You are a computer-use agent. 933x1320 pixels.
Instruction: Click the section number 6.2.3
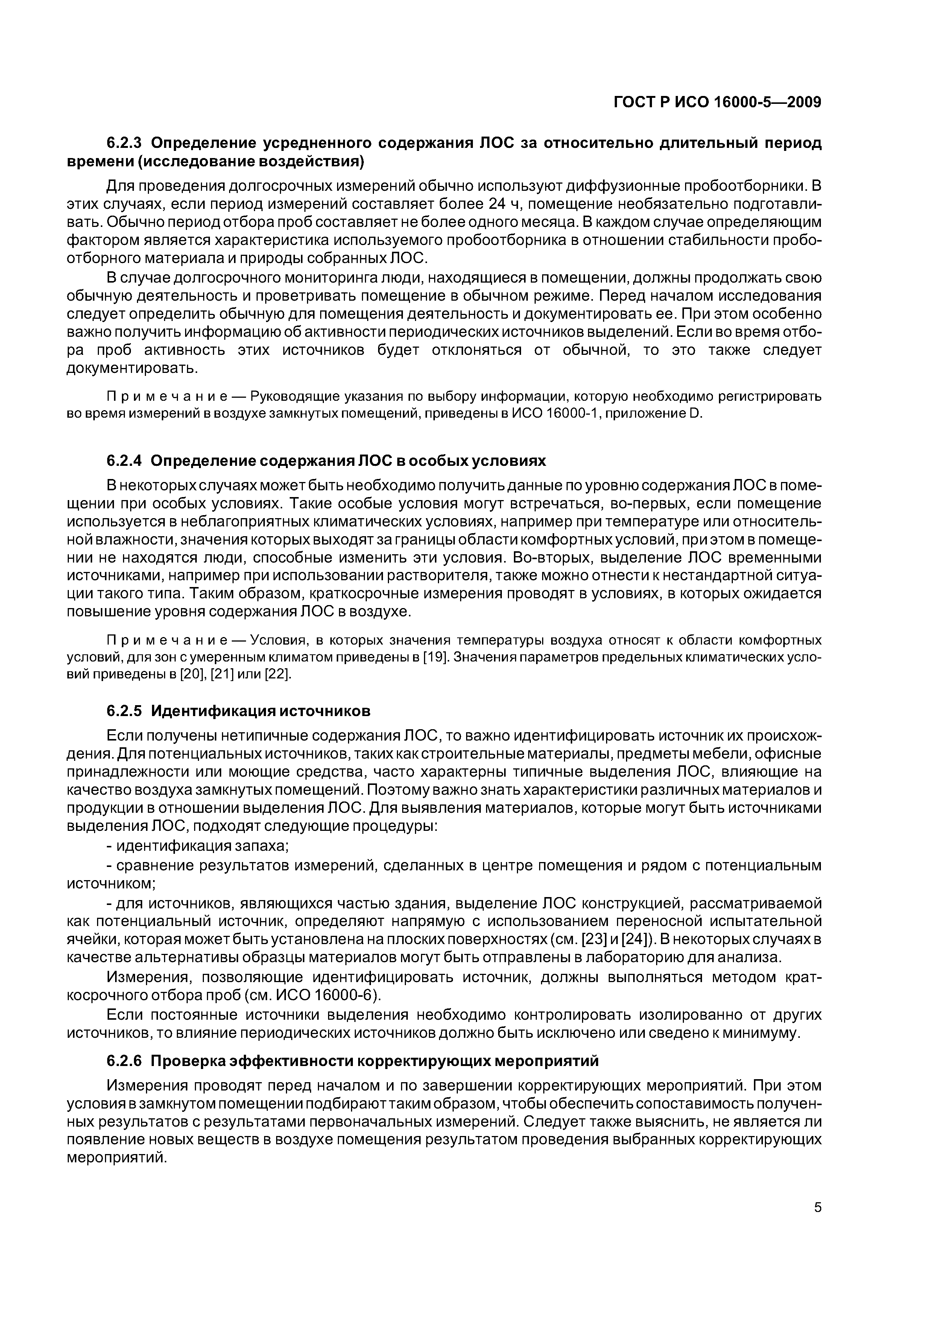coord(125,143)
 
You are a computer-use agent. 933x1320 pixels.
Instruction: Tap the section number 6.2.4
coord(125,461)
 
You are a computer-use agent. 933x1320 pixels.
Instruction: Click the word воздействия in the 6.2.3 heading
coord(306,161)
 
